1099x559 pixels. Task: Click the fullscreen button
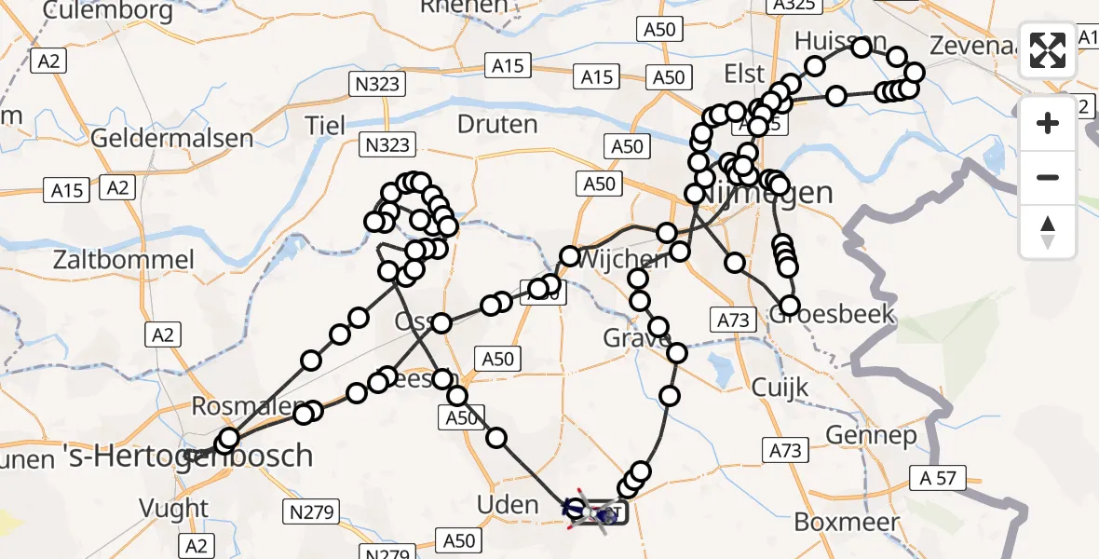point(1048,50)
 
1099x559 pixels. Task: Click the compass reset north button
point(1048,232)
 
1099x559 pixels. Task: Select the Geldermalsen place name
point(172,139)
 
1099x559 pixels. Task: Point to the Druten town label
point(497,124)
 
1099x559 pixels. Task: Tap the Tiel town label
point(325,126)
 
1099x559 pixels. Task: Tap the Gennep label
point(871,435)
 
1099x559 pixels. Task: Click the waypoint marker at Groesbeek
point(789,306)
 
